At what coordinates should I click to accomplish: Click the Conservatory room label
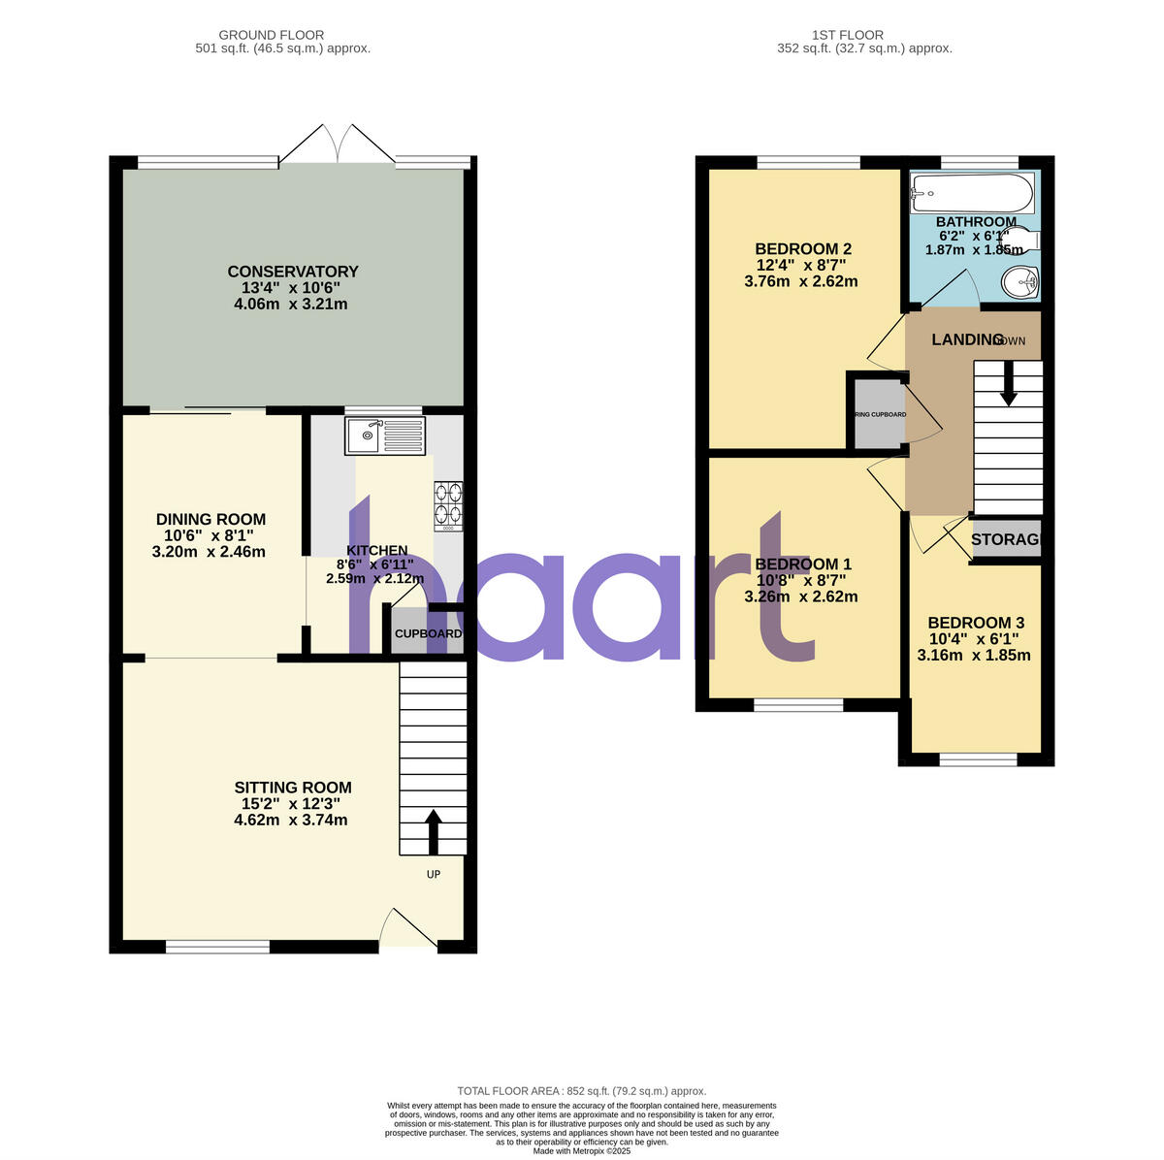click(292, 272)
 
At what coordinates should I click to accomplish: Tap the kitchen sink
click(385, 435)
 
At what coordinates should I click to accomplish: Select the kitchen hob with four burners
click(448, 505)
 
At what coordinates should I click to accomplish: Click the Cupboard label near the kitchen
click(428, 633)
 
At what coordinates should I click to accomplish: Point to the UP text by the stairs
click(434, 874)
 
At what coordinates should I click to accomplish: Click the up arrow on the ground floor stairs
click(433, 830)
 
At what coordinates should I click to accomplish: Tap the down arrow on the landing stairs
click(1008, 384)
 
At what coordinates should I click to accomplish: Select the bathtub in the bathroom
click(972, 193)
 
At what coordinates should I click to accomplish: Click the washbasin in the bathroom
click(1021, 282)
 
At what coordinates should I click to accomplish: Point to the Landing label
click(967, 339)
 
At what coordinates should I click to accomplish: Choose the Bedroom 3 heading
click(975, 623)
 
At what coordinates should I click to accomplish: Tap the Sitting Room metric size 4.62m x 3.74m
click(290, 820)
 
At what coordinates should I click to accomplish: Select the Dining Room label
click(210, 520)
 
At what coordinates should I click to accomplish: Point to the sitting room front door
click(407, 929)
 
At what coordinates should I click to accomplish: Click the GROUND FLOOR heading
click(272, 35)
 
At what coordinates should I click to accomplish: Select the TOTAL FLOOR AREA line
click(582, 1091)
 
